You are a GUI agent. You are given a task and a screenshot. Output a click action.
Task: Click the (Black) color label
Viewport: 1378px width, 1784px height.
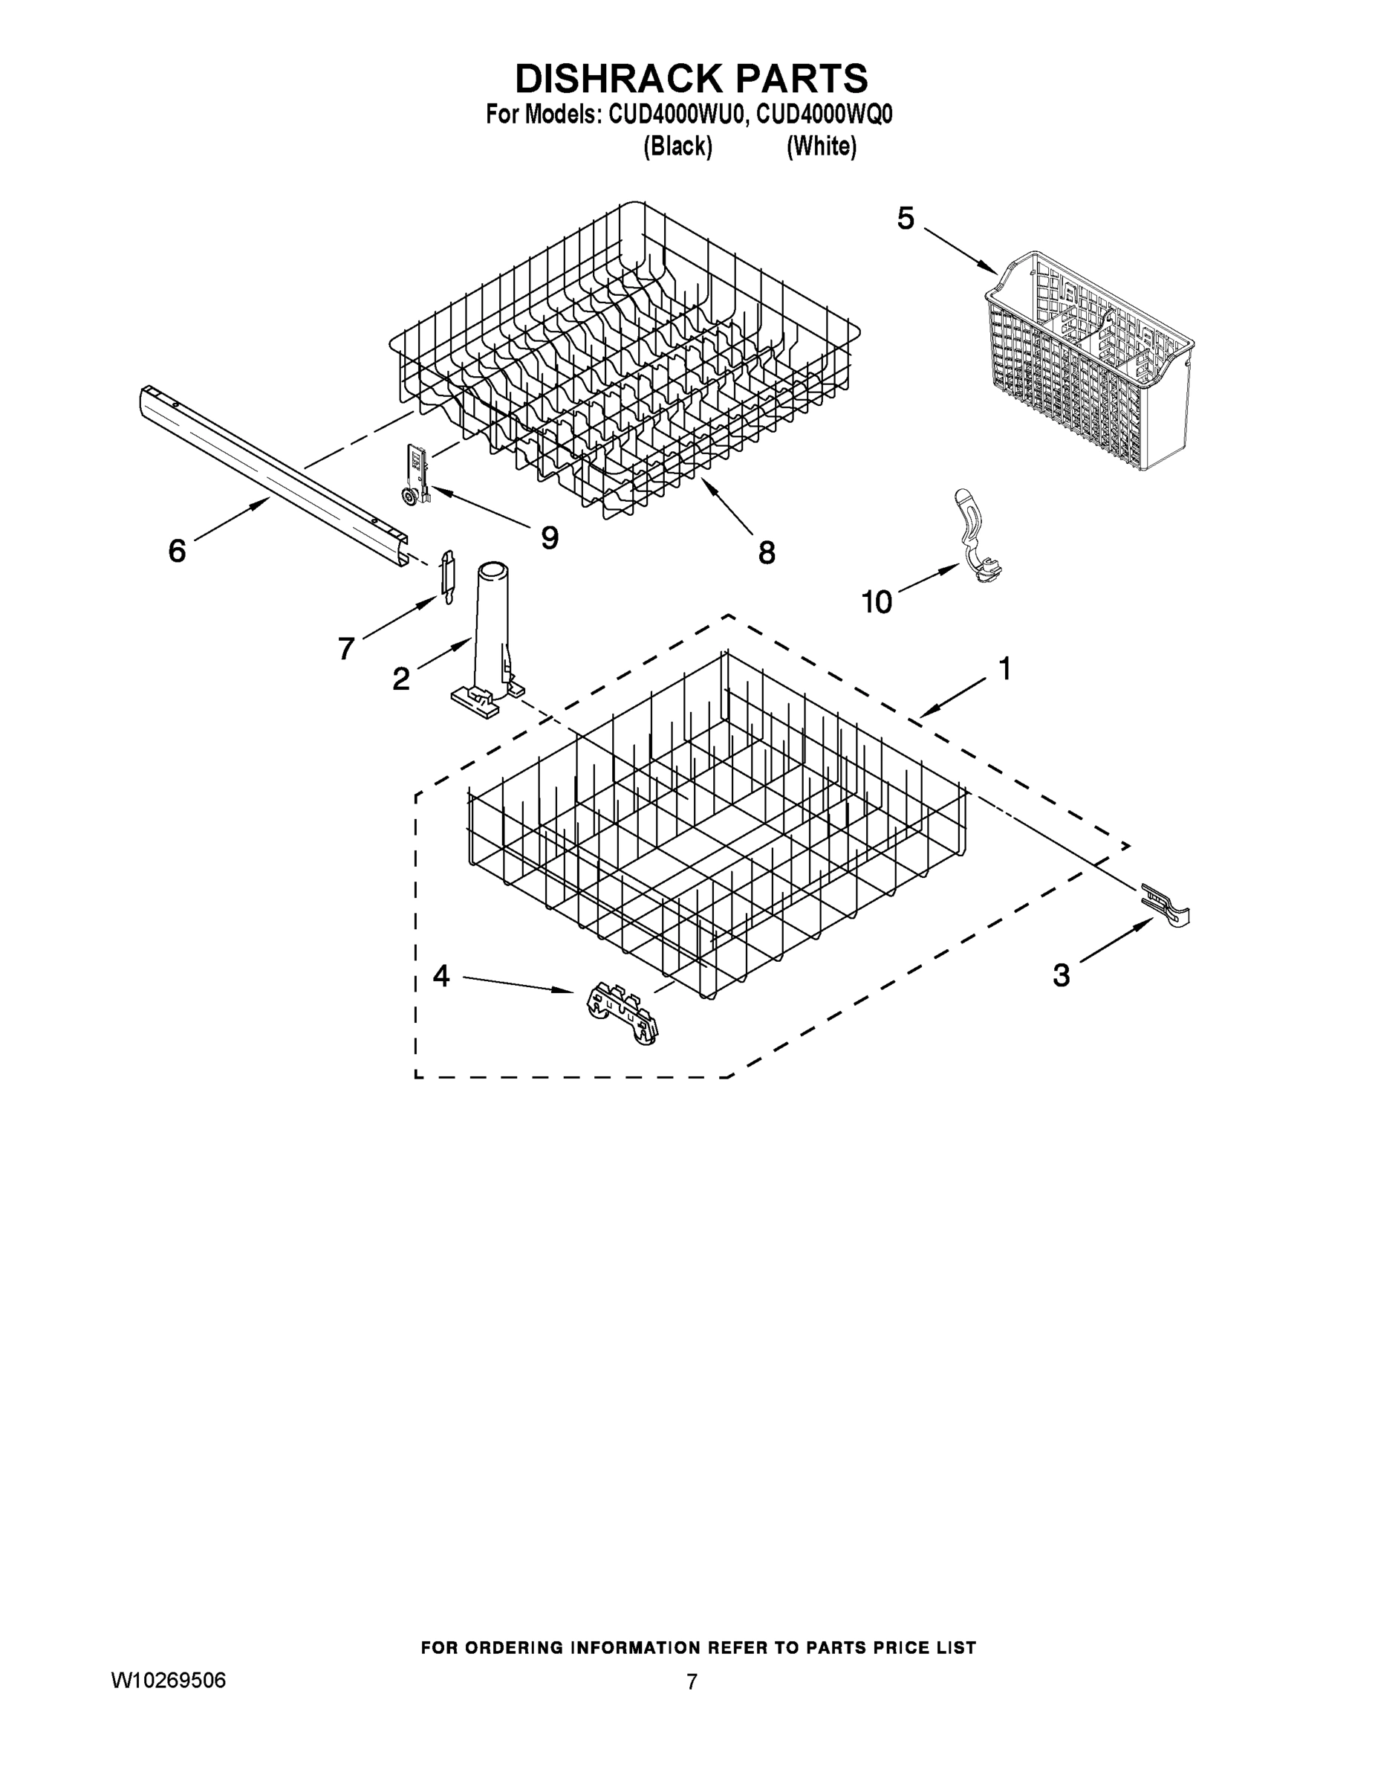(x=677, y=147)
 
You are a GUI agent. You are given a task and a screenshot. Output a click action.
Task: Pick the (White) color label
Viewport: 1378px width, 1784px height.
(x=822, y=147)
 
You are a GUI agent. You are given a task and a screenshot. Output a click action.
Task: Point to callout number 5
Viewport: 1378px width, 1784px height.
(x=906, y=219)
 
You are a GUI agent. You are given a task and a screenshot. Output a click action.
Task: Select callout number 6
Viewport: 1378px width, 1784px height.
(x=177, y=551)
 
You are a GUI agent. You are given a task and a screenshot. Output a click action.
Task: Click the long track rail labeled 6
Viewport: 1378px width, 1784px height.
(x=270, y=474)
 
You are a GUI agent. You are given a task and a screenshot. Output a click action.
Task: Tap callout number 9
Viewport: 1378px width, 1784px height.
(x=550, y=537)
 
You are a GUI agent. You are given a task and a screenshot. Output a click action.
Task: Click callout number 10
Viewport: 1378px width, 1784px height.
(x=877, y=603)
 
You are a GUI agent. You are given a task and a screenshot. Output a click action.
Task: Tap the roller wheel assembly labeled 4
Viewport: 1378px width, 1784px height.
(x=622, y=1013)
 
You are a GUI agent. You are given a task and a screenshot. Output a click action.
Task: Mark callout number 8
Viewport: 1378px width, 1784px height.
(x=767, y=553)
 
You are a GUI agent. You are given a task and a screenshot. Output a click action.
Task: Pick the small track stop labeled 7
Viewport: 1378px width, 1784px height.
(x=447, y=575)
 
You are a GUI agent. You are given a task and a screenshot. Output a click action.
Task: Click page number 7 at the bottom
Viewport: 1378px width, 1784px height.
(x=692, y=1683)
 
